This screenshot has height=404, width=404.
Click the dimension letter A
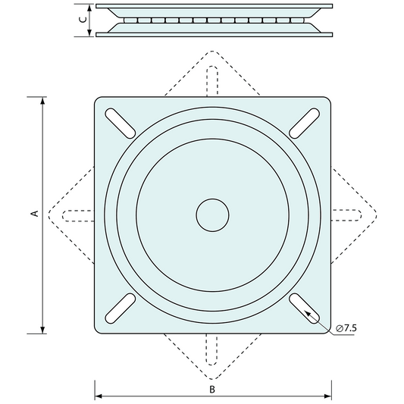point(33,215)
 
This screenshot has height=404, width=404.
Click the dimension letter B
point(213,389)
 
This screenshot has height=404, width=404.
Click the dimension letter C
point(82,20)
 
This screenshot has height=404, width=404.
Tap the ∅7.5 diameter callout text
point(346,327)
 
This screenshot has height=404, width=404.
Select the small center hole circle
point(212,215)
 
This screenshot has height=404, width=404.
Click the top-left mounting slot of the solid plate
point(119,121)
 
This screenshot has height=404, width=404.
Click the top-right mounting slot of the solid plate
point(306,121)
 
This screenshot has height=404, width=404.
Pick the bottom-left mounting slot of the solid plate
point(119,308)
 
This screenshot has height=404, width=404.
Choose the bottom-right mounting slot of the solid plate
point(305,308)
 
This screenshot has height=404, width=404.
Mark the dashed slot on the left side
point(79,215)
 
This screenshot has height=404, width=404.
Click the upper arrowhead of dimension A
point(43,102)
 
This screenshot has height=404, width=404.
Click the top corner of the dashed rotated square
point(213,52)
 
